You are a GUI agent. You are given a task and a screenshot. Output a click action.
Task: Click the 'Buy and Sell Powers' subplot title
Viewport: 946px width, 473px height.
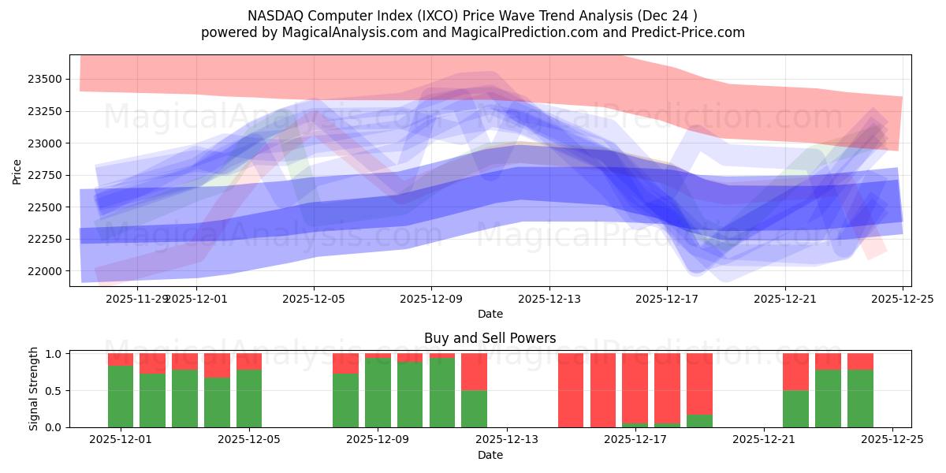coord(490,338)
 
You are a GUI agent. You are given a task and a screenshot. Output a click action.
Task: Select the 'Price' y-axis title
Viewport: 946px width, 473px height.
coord(17,170)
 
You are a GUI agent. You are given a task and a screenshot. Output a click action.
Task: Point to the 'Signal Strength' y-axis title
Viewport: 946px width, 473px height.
coord(33,389)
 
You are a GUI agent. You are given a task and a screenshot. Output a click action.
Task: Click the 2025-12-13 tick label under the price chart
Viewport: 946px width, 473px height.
coord(549,299)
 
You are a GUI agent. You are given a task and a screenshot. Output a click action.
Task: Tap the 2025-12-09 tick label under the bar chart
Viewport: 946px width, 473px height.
coord(378,439)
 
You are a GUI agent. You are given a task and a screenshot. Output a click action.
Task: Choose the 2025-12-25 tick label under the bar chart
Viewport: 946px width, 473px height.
coord(892,439)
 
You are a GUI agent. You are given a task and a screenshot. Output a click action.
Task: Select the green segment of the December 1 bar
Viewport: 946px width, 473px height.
coord(121,397)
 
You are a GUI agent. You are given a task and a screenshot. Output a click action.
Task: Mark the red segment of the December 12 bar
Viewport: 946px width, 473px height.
coord(474,371)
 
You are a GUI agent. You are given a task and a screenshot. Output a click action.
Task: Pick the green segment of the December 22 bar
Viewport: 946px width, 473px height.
coord(795,408)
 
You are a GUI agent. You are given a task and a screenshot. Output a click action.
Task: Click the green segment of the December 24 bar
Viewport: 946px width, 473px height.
coord(860,398)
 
